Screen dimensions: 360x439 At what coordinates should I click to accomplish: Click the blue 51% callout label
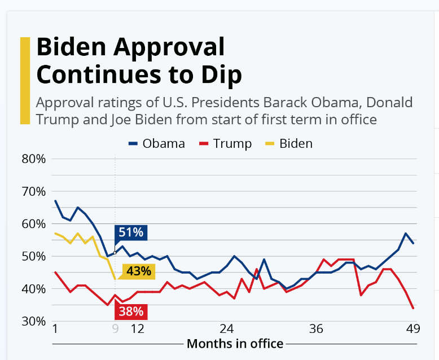tap(131, 232)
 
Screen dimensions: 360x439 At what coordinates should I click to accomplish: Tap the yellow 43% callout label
tap(138, 271)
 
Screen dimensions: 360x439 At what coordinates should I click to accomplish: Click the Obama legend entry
tap(157, 143)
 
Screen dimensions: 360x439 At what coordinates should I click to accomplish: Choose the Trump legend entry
tap(226, 143)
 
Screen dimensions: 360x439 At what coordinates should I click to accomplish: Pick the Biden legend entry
tap(288, 143)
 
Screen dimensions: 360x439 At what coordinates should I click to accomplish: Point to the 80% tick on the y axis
tap(33, 159)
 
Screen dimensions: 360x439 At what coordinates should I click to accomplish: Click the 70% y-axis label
tap(33, 191)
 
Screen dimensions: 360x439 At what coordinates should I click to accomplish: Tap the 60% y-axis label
tap(33, 224)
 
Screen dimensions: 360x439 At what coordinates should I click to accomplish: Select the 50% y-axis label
tap(33, 256)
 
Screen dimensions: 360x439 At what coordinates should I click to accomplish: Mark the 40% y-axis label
tap(33, 289)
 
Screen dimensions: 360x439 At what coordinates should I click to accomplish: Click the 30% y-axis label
tap(33, 321)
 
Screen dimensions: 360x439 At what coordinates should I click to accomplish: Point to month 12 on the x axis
tap(137, 329)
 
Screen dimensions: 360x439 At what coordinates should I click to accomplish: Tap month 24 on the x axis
tap(226, 329)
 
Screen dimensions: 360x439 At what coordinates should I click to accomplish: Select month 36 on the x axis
tap(316, 329)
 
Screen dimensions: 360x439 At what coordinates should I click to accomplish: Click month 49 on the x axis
tap(412, 329)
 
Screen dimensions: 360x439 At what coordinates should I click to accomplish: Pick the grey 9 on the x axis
tap(115, 329)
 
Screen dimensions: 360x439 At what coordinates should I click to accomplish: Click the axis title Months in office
tap(235, 343)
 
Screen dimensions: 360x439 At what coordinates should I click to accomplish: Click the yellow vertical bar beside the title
tap(24, 80)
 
